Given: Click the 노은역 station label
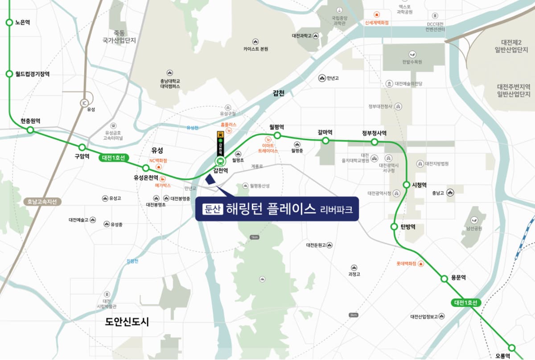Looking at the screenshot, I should tap(22, 22).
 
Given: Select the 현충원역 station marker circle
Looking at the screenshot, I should tap(30, 130).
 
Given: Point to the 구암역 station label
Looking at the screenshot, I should tap(82, 157).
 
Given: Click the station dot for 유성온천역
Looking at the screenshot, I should tap(145, 168).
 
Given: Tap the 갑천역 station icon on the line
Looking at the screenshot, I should tap(220, 161).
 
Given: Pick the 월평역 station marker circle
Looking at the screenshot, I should tap(277, 135).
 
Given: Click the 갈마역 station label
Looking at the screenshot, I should tap(325, 132).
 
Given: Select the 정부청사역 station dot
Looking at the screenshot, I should tap(374, 142).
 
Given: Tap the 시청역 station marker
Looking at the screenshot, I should tap(406, 185).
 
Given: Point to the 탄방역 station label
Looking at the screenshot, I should tap(408, 227).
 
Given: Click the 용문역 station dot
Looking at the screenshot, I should tap(444, 279).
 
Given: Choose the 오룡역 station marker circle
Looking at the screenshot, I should tap(512, 348).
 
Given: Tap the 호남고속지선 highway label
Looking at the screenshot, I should tap(42, 202).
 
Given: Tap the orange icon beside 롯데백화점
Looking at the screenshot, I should tap(421, 264).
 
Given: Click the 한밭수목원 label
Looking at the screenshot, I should tap(412, 62).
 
